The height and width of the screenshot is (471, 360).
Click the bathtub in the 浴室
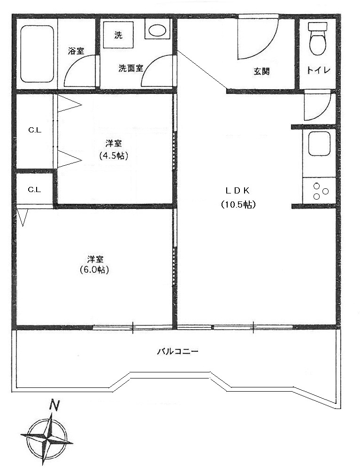(x=37, y=54)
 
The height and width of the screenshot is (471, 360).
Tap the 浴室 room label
(x=76, y=51)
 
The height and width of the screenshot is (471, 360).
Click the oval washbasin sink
(x=157, y=30)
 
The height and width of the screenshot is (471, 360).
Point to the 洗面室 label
(x=130, y=69)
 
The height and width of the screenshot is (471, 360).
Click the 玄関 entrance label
(x=261, y=71)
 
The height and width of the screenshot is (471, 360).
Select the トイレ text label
(x=318, y=70)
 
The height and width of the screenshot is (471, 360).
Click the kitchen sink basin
(x=320, y=144)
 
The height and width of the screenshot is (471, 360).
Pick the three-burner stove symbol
(x=320, y=192)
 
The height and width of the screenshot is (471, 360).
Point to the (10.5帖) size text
(x=238, y=205)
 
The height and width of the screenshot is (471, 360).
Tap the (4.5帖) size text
(x=114, y=156)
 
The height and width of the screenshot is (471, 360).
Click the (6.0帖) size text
(x=94, y=270)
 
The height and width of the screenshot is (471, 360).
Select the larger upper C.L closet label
(x=35, y=130)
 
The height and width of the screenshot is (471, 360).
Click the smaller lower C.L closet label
(x=34, y=190)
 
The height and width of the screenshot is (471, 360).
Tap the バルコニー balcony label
(x=178, y=351)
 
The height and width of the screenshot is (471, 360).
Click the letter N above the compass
(x=54, y=405)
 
